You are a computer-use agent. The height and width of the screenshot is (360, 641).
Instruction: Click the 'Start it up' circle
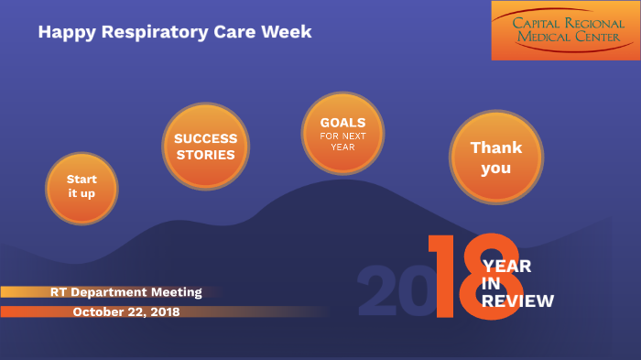tap(82, 187)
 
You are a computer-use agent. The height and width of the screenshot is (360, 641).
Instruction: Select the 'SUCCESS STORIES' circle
tap(205, 147)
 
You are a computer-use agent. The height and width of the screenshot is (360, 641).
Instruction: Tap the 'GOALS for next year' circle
tap(343, 132)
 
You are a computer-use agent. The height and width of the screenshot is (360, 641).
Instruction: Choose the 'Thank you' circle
tap(496, 158)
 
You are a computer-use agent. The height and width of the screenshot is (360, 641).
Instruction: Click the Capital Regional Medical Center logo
tap(564, 30)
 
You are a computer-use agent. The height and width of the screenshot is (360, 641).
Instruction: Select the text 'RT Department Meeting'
tap(125, 292)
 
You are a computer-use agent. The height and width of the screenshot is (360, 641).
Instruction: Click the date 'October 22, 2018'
tap(126, 311)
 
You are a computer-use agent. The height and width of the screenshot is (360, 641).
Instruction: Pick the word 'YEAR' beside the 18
tap(506, 267)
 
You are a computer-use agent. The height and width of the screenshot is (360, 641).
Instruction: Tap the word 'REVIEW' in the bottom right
tap(517, 300)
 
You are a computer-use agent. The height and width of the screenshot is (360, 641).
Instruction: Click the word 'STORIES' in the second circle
tap(205, 155)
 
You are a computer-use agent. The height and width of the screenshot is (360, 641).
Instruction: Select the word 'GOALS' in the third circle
tap(343, 122)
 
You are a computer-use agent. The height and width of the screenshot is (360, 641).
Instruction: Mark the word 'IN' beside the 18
tap(491, 284)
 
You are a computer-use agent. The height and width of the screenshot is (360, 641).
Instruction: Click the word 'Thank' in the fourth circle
tap(496, 147)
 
